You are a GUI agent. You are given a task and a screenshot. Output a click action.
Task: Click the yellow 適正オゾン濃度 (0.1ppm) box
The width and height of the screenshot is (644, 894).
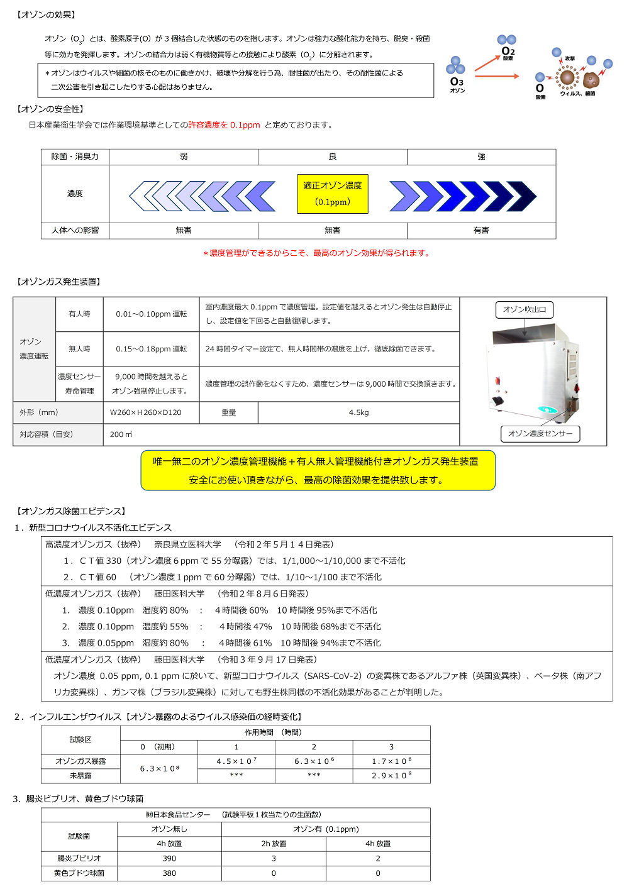point(332,194)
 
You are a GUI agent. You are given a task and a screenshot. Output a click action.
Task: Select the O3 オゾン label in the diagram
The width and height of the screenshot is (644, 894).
point(457,84)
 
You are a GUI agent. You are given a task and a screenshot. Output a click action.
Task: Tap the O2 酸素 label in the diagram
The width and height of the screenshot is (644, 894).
point(508,53)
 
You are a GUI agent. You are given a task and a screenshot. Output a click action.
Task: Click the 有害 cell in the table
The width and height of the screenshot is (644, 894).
point(481,231)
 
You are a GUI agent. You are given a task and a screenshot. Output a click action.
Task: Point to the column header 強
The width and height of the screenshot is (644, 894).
point(481,157)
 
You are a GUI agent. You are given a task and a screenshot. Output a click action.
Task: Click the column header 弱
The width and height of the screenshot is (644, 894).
point(184,157)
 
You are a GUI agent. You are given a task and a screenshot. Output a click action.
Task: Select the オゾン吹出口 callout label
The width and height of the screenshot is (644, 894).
point(525,309)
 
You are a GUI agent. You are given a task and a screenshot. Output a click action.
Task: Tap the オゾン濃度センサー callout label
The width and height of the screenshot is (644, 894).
point(540,434)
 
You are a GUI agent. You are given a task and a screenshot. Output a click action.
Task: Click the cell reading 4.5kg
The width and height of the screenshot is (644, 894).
point(358,412)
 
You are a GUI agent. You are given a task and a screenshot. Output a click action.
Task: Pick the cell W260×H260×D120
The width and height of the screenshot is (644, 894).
point(146,412)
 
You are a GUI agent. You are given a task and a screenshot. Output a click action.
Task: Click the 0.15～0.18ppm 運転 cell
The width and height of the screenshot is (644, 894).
point(151,349)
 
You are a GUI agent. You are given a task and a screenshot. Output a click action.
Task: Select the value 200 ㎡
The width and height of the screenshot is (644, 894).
point(121,434)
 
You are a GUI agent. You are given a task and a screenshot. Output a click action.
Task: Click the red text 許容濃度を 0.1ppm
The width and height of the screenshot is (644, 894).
point(224,125)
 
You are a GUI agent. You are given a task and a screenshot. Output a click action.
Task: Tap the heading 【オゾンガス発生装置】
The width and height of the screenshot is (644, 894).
point(58,282)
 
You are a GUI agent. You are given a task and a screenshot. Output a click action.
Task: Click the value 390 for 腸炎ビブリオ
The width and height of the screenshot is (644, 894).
point(169,858)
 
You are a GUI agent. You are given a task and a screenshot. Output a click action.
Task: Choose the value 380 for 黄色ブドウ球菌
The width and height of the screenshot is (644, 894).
point(169,873)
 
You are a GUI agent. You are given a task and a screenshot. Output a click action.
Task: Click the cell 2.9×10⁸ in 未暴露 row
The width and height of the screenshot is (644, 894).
point(391,776)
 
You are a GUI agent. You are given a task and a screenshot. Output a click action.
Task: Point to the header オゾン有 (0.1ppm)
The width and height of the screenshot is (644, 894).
point(326,829)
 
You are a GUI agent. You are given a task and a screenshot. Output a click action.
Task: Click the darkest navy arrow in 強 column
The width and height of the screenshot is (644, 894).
point(520,196)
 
